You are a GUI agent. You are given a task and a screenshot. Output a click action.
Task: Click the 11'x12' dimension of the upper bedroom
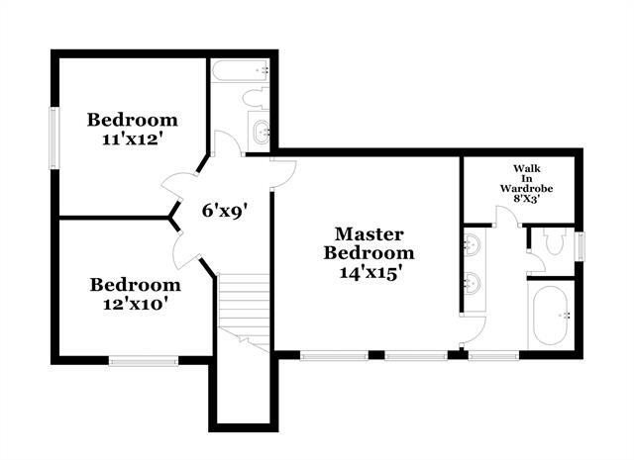click(132, 139)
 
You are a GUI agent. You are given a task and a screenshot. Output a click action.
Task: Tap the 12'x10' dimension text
click(136, 304)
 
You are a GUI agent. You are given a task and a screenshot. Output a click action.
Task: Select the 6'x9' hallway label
click(223, 210)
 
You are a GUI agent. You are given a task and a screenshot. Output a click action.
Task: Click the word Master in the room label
click(369, 234)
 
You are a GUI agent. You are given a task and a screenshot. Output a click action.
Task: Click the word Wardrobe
click(526, 187)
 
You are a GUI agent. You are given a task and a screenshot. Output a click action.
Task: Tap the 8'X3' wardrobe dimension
click(526, 198)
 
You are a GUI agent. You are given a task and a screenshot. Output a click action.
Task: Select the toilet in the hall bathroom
click(257, 97)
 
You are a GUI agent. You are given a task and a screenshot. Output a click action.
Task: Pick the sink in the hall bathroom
click(261, 130)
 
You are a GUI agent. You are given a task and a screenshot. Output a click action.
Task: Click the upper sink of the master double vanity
click(473, 243)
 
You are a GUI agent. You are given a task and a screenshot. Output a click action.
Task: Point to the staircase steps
click(243, 303)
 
